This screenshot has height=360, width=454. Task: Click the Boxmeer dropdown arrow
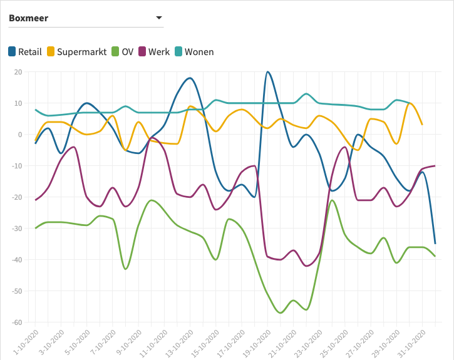(x=158, y=18)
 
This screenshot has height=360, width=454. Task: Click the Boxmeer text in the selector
(x=28, y=18)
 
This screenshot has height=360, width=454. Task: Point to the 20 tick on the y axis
(x=18, y=72)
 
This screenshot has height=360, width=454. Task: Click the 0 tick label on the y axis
(x=20, y=135)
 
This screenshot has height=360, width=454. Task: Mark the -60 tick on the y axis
(x=16, y=322)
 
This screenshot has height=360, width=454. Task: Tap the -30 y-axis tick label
(x=16, y=229)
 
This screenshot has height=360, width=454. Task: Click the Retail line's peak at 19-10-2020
(x=268, y=71)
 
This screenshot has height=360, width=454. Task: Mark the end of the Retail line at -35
(x=435, y=244)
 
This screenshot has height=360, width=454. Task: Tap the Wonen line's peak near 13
(x=306, y=94)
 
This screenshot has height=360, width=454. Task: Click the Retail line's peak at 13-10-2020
(x=190, y=78)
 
